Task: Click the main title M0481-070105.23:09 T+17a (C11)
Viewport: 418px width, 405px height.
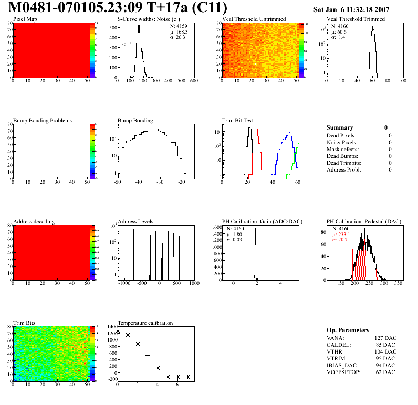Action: point(118,8)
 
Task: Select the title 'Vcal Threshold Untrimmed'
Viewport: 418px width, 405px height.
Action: point(254,19)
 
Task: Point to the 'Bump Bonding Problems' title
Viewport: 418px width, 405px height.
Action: point(43,121)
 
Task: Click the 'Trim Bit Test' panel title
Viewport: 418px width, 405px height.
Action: point(238,121)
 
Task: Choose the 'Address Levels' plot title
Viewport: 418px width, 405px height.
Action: point(135,222)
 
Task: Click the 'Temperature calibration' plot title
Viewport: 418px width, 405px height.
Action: point(145,323)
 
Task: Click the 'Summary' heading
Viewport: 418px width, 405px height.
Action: point(340,128)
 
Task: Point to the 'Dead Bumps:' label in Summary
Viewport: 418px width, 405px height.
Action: point(342,156)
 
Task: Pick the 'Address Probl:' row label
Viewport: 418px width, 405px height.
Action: point(344,169)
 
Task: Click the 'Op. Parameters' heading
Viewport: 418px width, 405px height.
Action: point(348,330)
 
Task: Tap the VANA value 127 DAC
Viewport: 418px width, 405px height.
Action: point(386,338)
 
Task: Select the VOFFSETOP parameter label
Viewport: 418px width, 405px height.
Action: point(344,372)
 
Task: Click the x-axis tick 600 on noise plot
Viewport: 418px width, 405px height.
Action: point(193,81)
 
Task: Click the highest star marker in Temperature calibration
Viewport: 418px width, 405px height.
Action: point(118,331)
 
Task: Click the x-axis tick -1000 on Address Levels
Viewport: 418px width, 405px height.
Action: point(124,283)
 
